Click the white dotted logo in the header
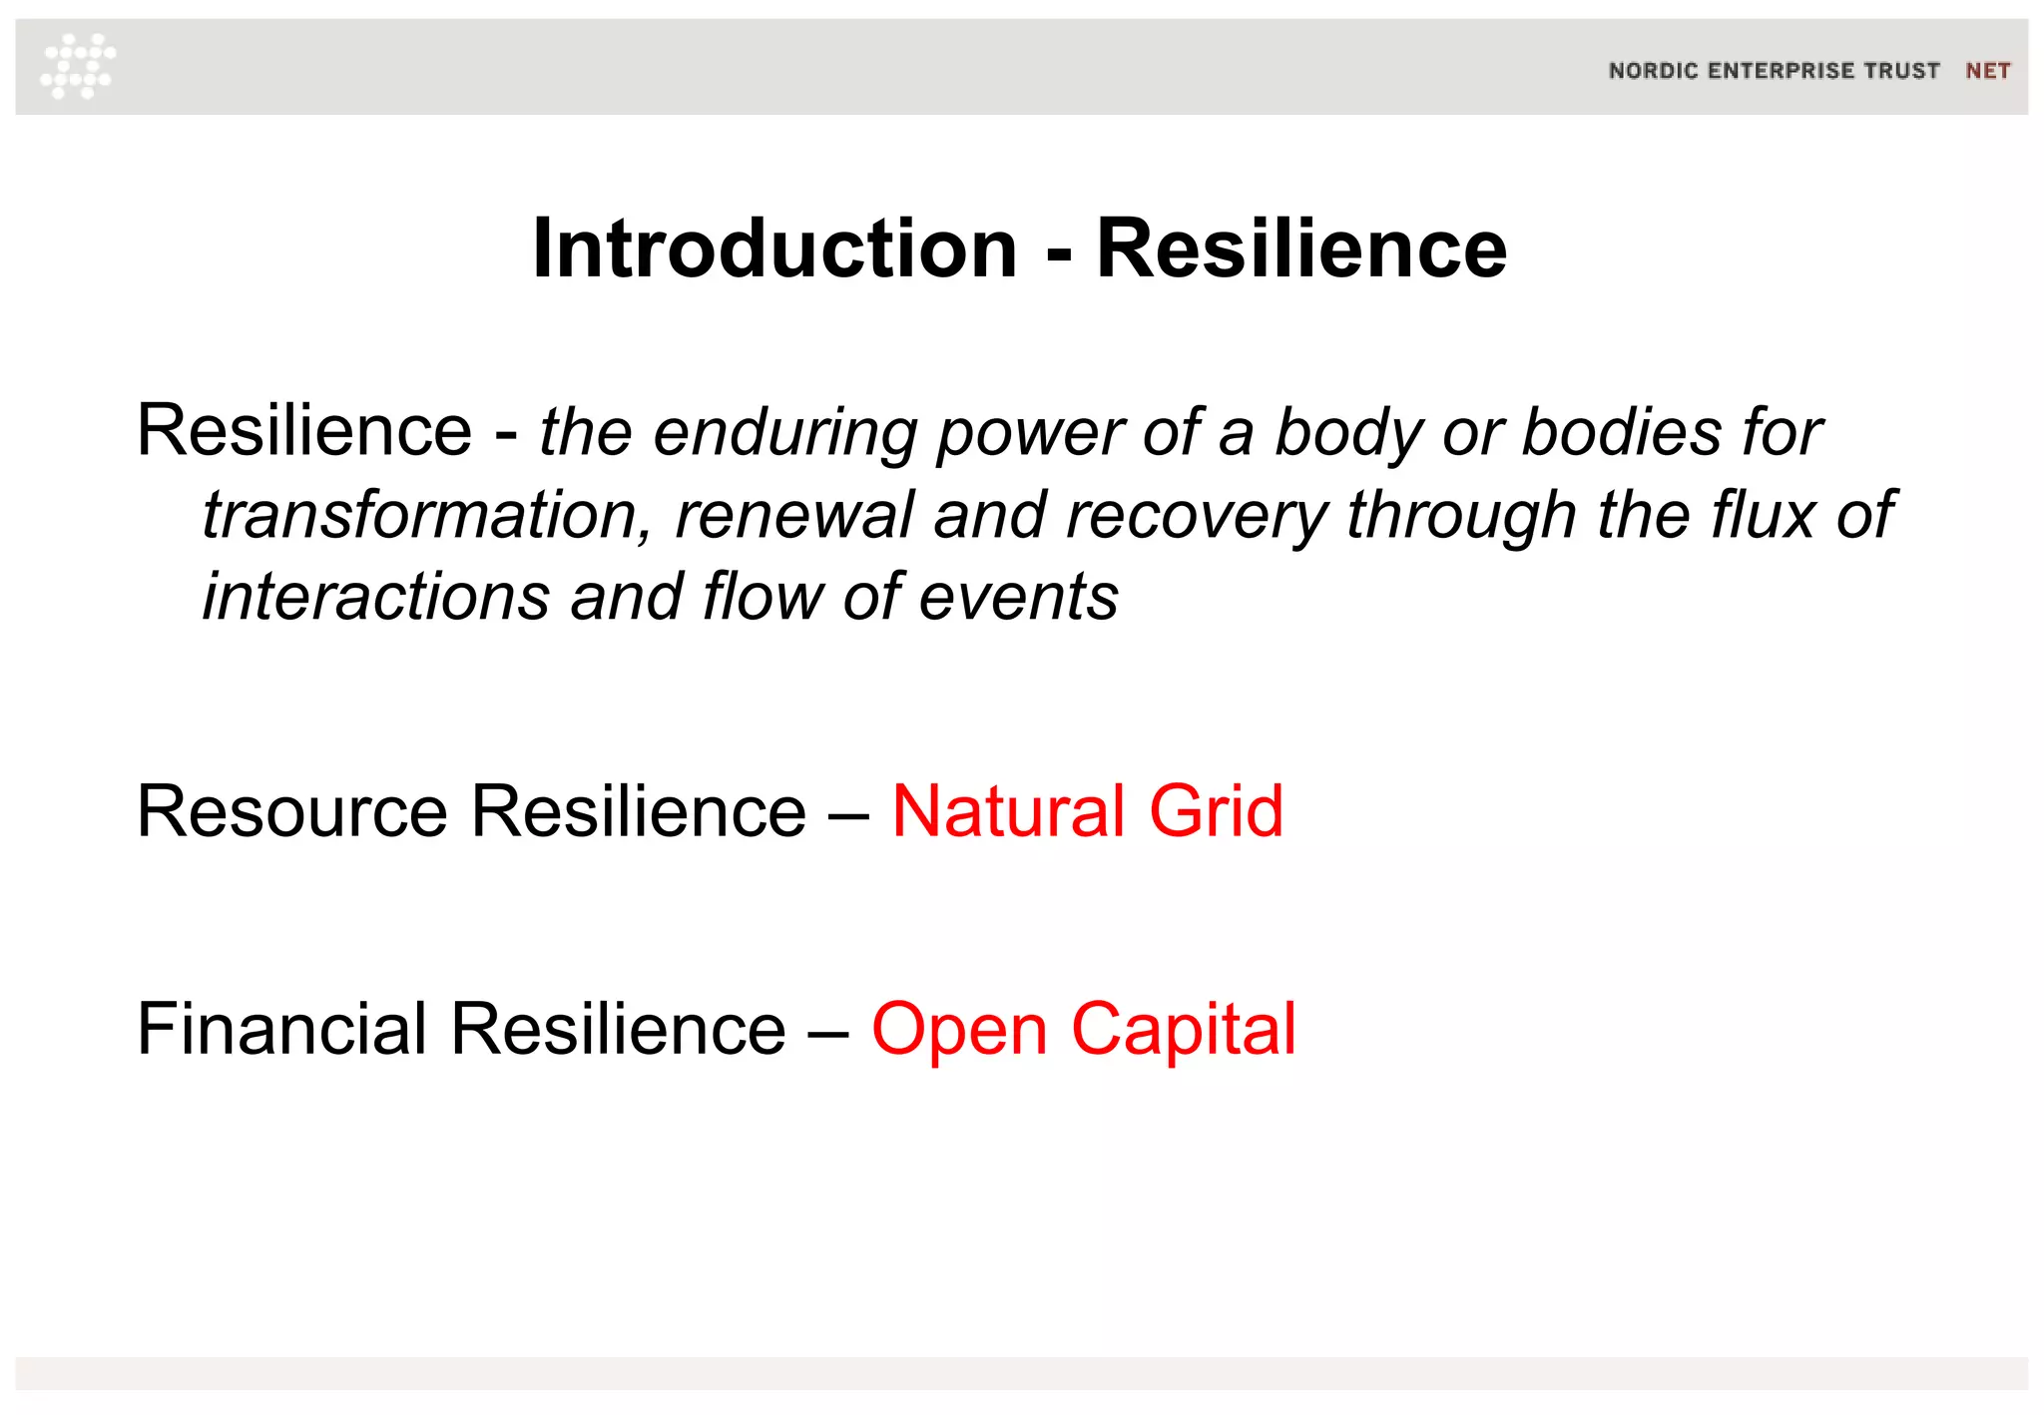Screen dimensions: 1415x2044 78,66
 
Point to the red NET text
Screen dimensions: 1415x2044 1987,71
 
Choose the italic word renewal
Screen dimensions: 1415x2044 794,515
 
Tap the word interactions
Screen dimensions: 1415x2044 376,597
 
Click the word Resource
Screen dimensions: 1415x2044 292,811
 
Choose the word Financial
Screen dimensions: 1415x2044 282,1029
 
